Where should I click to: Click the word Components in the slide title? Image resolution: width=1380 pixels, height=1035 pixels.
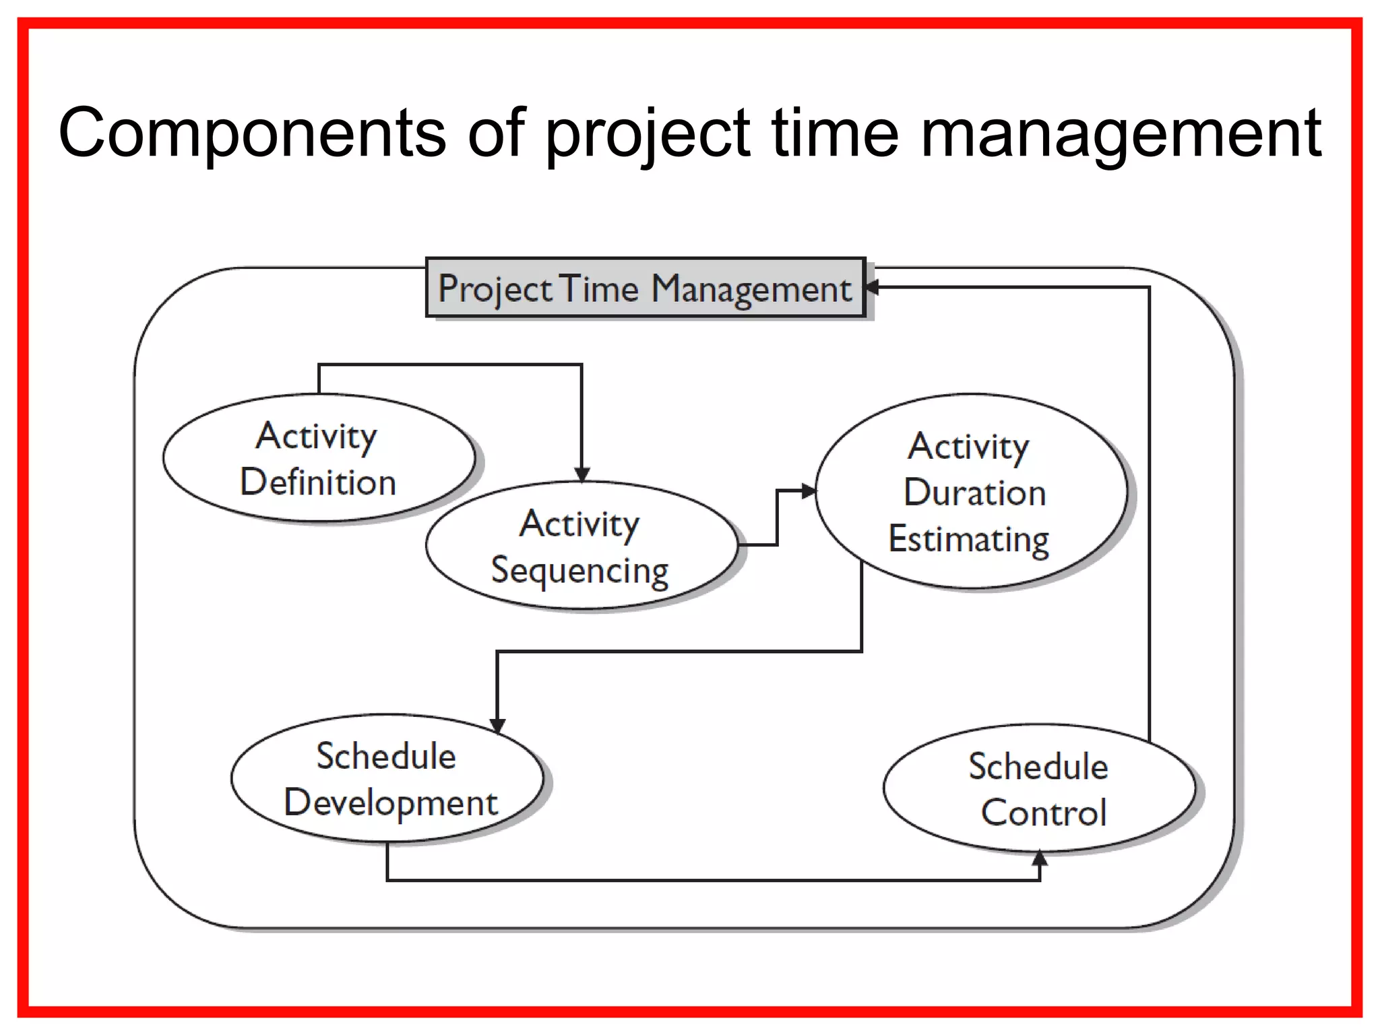[x=252, y=133]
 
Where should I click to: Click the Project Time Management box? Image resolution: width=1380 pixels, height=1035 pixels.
[x=645, y=288]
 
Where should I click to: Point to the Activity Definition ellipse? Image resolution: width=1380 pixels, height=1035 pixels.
[x=318, y=458]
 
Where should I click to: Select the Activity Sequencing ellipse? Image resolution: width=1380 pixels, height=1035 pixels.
[x=581, y=546]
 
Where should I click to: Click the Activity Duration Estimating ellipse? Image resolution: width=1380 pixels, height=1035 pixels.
[x=970, y=492]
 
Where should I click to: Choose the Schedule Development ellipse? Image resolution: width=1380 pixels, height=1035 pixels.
[x=387, y=778]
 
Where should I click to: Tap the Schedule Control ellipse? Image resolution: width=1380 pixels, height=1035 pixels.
[x=1038, y=788]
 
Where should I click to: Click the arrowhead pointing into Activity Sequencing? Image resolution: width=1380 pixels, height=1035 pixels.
[x=582, y=475]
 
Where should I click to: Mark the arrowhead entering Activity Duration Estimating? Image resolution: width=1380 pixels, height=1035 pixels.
[x=809, y=491]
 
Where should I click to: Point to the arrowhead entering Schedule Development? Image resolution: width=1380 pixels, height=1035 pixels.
[x=497, y=725]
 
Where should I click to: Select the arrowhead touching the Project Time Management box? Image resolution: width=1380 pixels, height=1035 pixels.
[x=872, y=287]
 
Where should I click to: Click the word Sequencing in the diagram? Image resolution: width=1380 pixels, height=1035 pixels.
[x=579, y=570]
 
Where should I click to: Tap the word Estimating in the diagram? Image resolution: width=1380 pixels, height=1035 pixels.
[x=969, y=539]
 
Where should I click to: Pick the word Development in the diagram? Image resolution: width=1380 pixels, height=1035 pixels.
[x=391, y=803]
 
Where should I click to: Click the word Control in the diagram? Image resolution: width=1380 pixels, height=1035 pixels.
[x=1044, y=813]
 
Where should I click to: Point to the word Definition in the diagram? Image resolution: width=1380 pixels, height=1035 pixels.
[x=318, y=482]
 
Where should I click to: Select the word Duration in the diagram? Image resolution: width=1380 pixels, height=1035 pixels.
[x=974, y=492]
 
